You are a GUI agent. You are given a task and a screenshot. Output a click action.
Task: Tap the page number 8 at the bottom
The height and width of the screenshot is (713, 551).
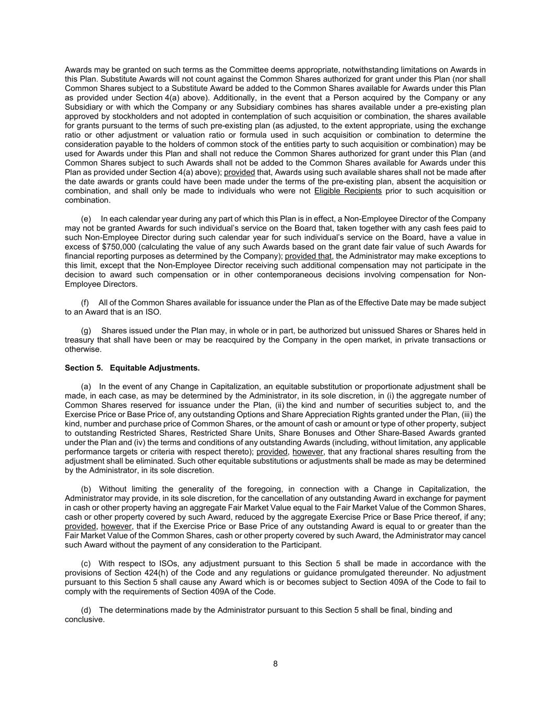[x=275, y=664]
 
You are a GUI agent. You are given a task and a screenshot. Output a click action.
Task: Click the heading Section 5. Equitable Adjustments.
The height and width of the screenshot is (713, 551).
[x=132, y=368]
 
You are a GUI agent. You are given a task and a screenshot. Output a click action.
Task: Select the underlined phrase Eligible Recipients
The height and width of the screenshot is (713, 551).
[x=348, y=191]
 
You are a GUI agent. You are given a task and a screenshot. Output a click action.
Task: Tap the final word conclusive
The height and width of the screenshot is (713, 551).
[x=85, y=619]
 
